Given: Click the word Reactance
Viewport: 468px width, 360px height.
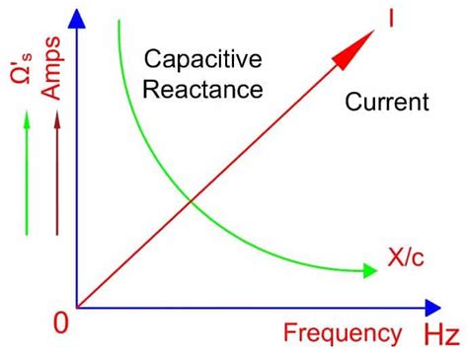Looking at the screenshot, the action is coord(202,90).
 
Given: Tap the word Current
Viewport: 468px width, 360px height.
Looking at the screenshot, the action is coord(387,102).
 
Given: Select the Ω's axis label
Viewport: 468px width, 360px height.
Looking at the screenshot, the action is coord(20,68).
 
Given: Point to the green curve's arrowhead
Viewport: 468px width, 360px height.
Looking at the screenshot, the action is coord(369,268).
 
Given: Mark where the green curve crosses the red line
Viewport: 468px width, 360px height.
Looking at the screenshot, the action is coord(189,204).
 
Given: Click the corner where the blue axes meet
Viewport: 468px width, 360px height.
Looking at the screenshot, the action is coord(77,307).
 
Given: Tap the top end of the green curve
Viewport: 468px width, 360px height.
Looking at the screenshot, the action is coord(118,22).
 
